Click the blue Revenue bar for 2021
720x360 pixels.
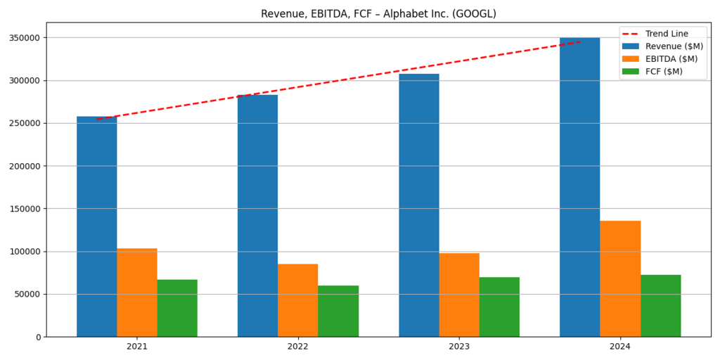pos(96,226)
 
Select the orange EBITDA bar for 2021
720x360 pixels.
pos(137,292)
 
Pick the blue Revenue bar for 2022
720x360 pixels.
pos(257,216)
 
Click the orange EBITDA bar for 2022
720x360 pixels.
pos(297,300)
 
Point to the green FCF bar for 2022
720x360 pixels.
pos(338,311)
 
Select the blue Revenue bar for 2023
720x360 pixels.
pos(418,205)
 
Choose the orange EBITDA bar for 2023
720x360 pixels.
pos(459,295)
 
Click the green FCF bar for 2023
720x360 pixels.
pos(499,307)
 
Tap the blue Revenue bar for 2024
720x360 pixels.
pos(579,187)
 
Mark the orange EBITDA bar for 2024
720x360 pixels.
pos(620,278)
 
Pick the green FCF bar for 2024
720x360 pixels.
pos(660,305)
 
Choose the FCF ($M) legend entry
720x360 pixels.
pos(664,72)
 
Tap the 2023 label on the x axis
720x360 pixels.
pos(459,347)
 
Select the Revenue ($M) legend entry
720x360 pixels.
pos(674,46)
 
